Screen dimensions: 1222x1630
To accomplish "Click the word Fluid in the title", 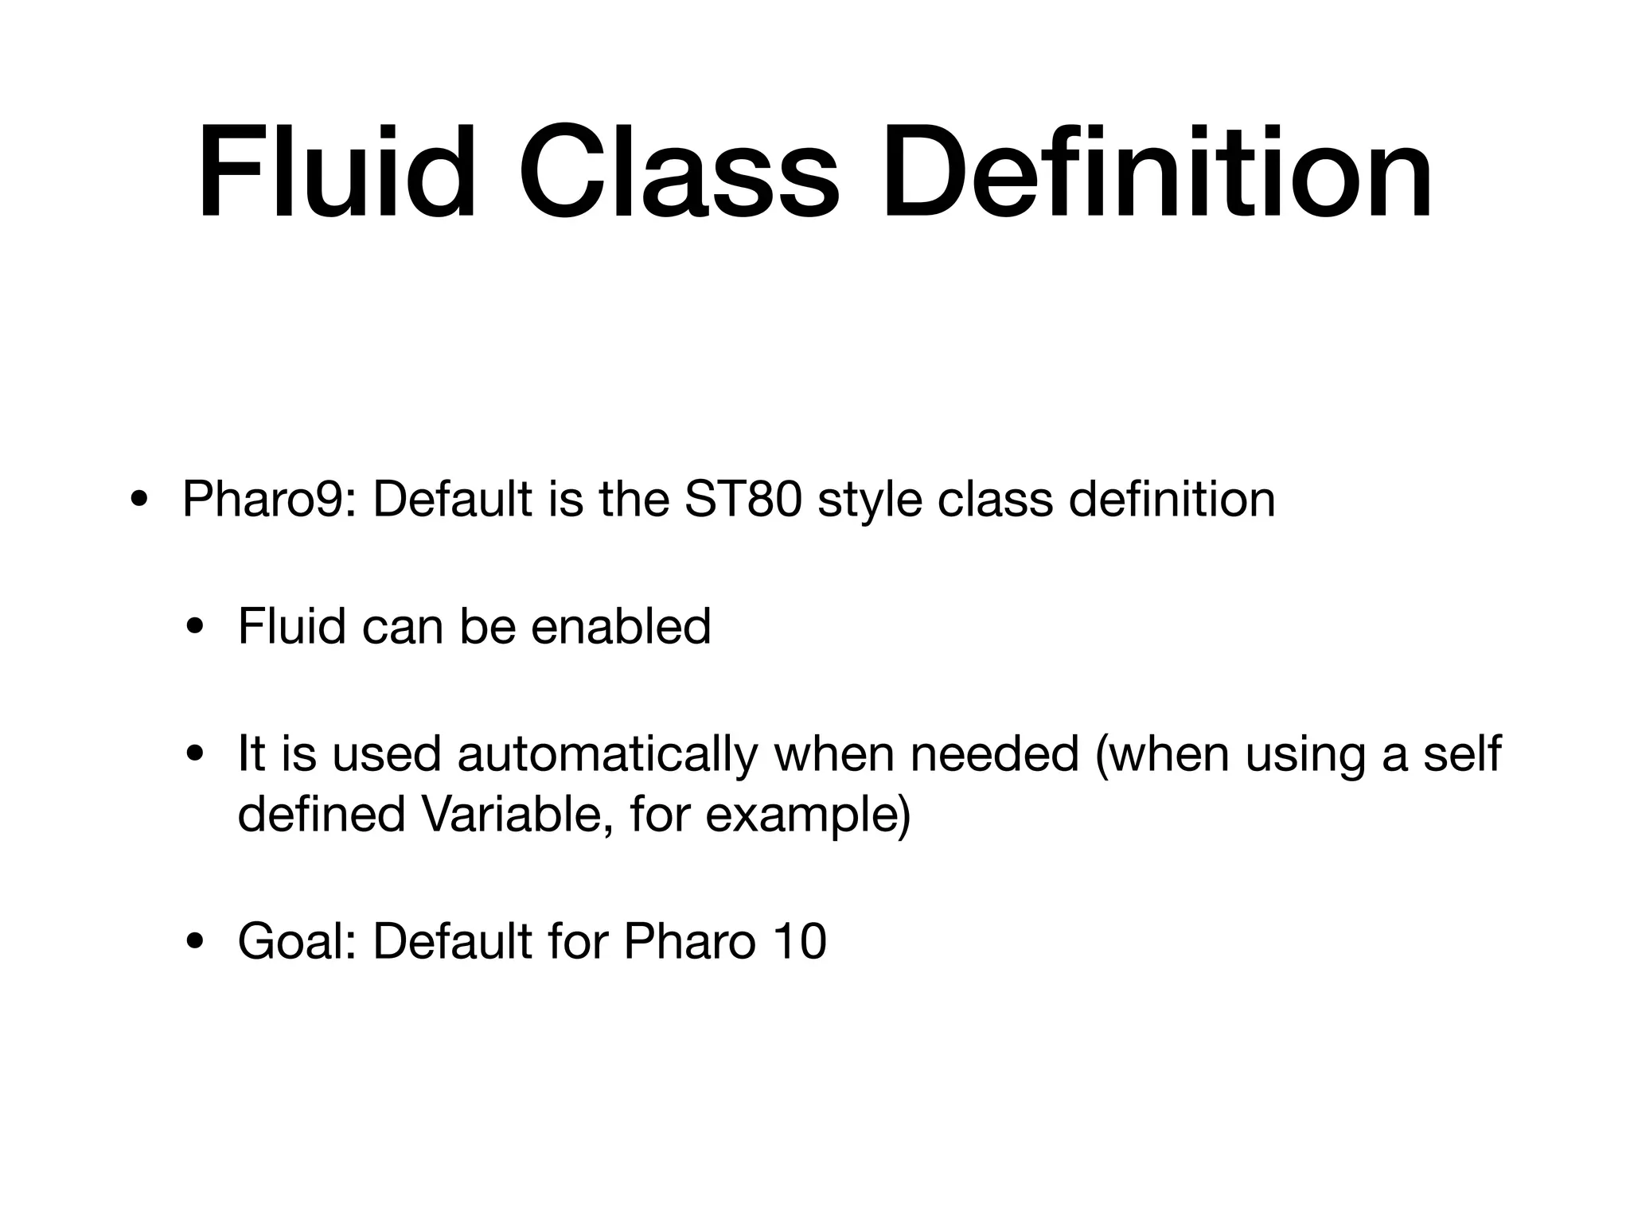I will pyautogui.click(x=336, y=171).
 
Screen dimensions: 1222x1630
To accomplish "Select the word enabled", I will pyautogui.click(x=620, y=626).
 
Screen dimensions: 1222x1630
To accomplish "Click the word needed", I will pyautogui.click(x=994, y=753).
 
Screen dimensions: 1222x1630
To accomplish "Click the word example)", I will pyautogui.click(x=808, y=814).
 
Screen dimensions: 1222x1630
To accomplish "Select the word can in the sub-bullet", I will pyautogui.click(x=402, y=626).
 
